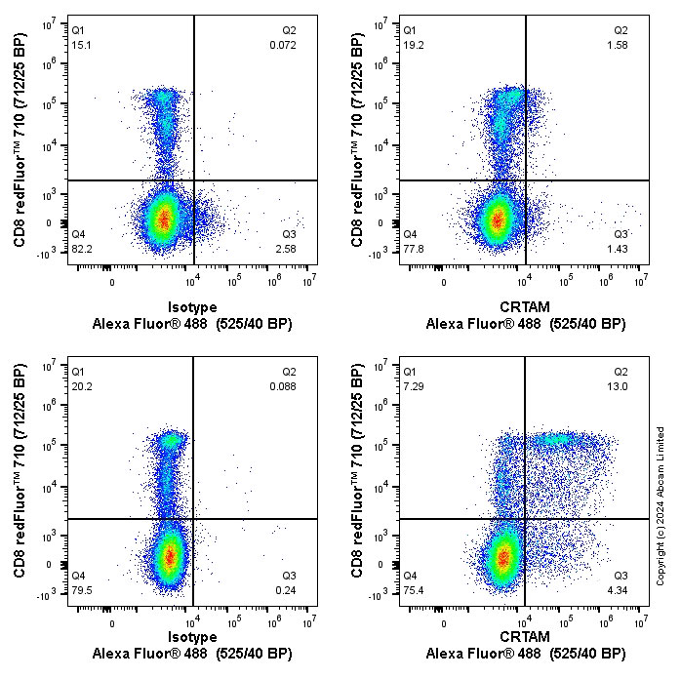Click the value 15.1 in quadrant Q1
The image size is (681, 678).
pyautogui.click(x=80, y=45)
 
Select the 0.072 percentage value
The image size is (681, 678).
pyautogui.click(x=283, y=45)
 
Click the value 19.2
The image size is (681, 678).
pyautogui.click(x=414, y=45)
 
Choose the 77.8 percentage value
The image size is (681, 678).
pyautogui.click(x=414, y=250)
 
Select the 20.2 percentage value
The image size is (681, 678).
pyautogui.click(x=81, y=385)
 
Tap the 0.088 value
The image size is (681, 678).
pyautogui.click(x=283, y=385)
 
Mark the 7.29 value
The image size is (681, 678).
pyautogui.click(x=414, y=385)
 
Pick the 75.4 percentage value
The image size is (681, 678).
pyautogui.click(x=414, y=590)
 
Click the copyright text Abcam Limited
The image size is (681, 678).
pyautogui.click(x=661, y=462)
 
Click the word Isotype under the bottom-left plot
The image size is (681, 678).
pyautogui.click(x=192, y=637)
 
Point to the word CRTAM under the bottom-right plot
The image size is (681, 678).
pyautogui.click(x=525, y=637)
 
